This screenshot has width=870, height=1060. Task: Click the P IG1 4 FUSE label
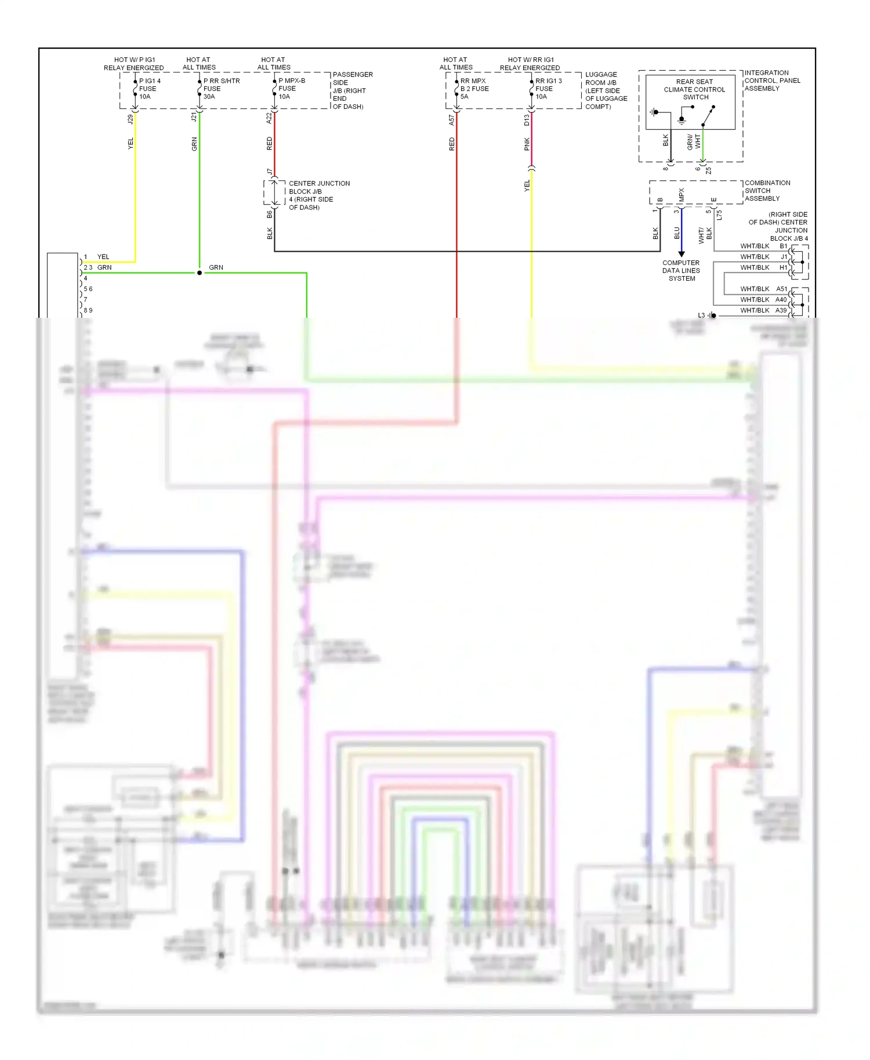149,89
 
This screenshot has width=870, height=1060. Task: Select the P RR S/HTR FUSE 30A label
221,89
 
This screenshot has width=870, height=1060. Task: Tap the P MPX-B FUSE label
291,89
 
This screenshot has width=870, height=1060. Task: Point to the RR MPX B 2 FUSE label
474,89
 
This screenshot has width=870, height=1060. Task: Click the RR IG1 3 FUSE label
548,89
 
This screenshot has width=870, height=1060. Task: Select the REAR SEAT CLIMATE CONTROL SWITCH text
694,89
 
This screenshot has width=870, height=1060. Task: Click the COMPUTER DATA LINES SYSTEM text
681,270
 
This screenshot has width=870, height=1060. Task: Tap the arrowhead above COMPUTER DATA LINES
681,254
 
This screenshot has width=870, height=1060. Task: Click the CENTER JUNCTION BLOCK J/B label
318,195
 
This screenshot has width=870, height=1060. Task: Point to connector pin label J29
130,119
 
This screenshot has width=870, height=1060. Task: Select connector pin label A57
451,120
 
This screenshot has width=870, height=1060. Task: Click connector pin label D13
527,120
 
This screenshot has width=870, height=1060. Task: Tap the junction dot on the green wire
200,273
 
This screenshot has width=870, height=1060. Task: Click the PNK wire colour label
527,144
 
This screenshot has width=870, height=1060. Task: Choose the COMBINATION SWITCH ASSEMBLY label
767,191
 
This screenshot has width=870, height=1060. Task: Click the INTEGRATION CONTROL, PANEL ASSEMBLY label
771,81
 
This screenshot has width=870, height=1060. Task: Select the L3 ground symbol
712,315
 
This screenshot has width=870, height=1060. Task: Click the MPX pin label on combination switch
681,195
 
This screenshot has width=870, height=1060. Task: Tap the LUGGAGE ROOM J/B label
606,90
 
